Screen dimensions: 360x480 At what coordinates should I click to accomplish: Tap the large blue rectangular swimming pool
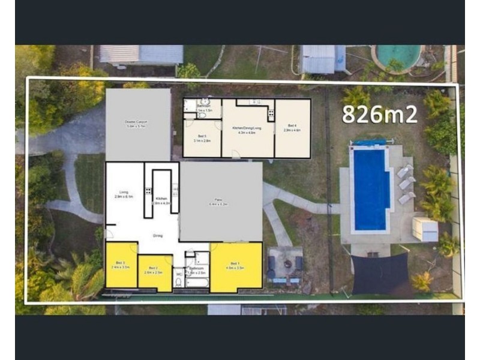pos(370,189)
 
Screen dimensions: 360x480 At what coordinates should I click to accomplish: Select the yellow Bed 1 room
pos(236,266)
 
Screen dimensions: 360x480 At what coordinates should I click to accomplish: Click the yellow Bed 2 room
pos(154,272)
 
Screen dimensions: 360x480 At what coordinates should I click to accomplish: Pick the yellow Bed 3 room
pos(121,265)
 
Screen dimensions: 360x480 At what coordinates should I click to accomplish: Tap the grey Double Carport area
pos(137,125)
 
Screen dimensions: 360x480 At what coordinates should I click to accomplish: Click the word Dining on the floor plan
pos(158,236)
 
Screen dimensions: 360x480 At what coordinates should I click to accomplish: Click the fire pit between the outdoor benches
pos(286,263)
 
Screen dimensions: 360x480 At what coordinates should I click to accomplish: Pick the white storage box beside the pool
pos(425,229)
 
